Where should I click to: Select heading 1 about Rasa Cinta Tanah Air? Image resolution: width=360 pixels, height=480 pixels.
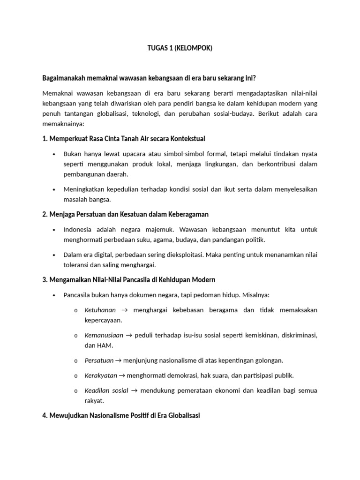124,139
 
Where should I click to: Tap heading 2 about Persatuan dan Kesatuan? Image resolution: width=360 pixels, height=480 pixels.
125,214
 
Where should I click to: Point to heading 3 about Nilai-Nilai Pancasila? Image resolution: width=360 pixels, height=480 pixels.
128,280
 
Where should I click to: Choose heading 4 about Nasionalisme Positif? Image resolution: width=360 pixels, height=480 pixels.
121,416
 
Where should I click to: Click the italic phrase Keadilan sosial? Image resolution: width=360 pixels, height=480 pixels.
106,390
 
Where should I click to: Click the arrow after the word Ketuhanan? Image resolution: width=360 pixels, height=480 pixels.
124,310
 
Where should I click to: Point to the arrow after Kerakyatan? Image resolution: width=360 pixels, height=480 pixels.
123,375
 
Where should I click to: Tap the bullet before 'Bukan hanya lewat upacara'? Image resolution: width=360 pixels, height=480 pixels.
54,154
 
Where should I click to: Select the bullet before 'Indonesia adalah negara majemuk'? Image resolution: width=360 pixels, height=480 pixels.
54,230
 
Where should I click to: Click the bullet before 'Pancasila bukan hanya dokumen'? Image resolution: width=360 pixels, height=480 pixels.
54,295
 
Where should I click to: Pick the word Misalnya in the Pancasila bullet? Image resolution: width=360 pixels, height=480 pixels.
254,295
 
